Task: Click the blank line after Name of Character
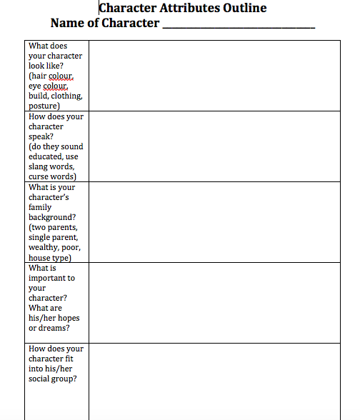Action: click(x=239, y=24)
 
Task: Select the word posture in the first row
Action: click(x=43, y=106)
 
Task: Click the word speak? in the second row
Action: click(x=44, y=136)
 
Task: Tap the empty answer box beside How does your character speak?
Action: click(x=214, y=146)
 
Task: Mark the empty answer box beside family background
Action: click(x=214, y=222)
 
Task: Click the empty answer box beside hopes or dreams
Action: click(x=214, y=302)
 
